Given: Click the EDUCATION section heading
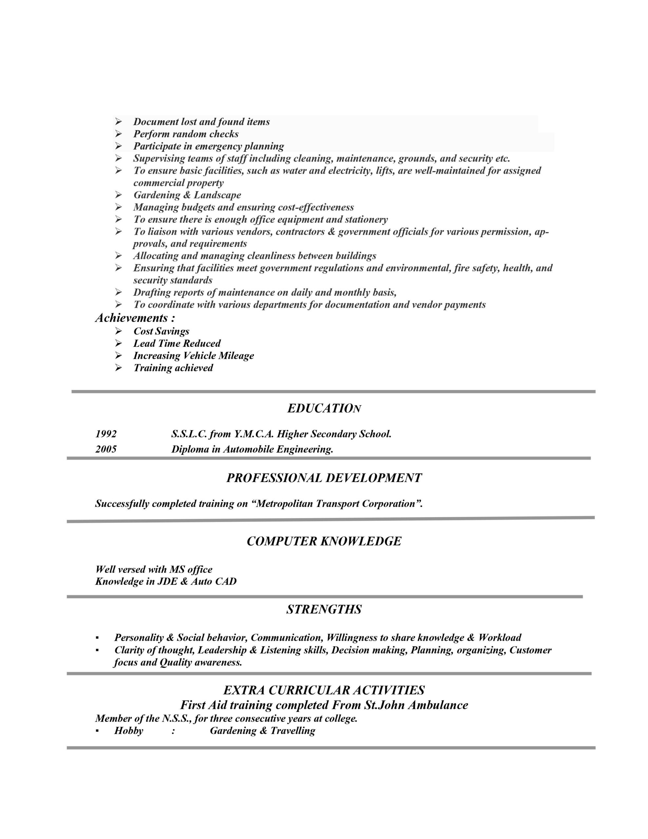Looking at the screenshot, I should (x=324, y=408).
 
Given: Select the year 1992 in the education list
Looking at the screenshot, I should (x=106, y=434).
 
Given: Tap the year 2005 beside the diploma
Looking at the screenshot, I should (x=106, y=449).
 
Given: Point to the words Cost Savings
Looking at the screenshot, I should (x=161, y=331).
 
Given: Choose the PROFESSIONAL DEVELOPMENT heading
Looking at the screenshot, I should (x=324, y=478).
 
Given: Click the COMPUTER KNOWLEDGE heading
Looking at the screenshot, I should (x=324, y=541).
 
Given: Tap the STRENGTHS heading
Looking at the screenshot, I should (x=324, y=610).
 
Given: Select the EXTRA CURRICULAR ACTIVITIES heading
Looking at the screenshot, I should (x=324, y=690).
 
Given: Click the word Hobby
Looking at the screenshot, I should (x=129, y=731).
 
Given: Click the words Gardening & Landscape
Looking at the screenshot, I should (x=187, y=195).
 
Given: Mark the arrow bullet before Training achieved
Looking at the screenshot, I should (x=118, y=368).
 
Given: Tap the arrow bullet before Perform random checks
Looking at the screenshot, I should (x=118, y=134).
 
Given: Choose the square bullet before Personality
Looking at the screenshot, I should (x=98, y=638).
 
